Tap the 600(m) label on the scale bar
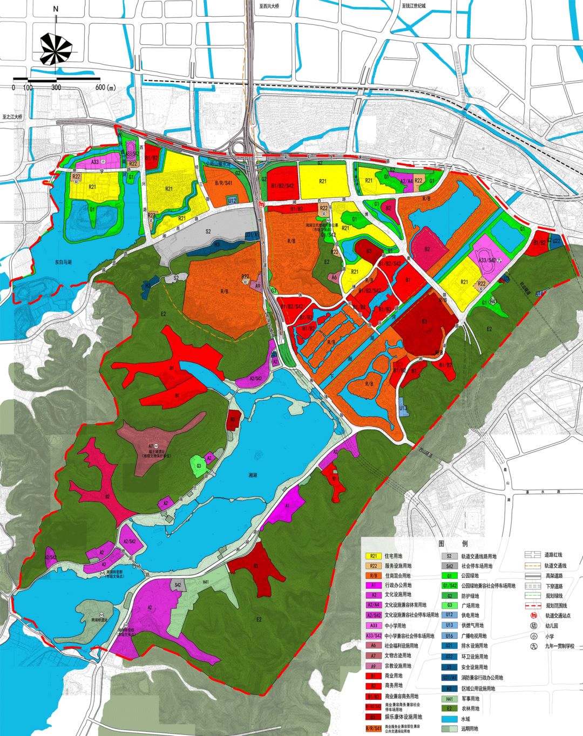[106, 87]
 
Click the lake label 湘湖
[253, 475]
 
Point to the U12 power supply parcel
[232, 200]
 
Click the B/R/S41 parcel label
[223, 183]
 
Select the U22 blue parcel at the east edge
[556, 241]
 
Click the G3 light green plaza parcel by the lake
[199, 466]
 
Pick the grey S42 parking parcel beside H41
[177, 585]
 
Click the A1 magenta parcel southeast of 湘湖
[287, 506]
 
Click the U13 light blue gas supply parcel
[403, 408]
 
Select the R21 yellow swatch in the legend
[373, 556]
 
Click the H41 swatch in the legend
[449, 698]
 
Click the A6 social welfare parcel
[334, 278]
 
